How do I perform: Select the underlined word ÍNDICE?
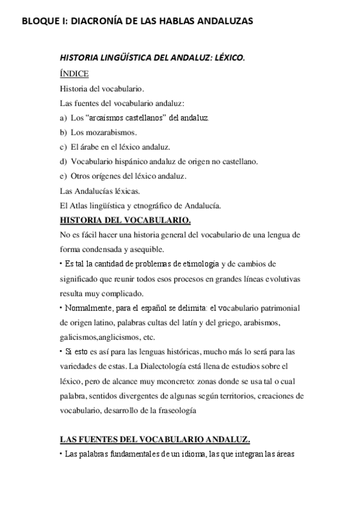click(x=75, y=74)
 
